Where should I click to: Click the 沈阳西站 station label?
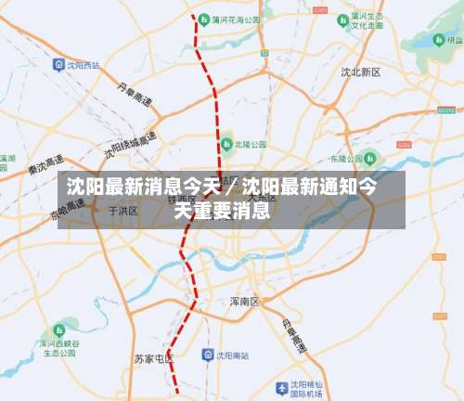(x=84, y=66)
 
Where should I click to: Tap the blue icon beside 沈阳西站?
(x=58, y=66)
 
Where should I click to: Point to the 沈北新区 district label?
(x=360, y=71)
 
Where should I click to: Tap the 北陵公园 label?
(x=251, y=145)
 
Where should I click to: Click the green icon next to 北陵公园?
(x=226, y=145)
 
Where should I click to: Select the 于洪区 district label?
(x=123, y=212)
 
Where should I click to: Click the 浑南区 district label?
(x=244, y=302)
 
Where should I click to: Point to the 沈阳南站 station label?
(x=233, y=356)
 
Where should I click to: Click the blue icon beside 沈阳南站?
(x=208, y=356)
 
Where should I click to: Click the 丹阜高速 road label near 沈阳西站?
(x=135, y=92)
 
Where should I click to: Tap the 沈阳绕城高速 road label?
(x=131, y=145)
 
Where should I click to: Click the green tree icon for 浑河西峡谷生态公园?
(x=61, y=330)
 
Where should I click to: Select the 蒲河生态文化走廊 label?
(x=367, y=22)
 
